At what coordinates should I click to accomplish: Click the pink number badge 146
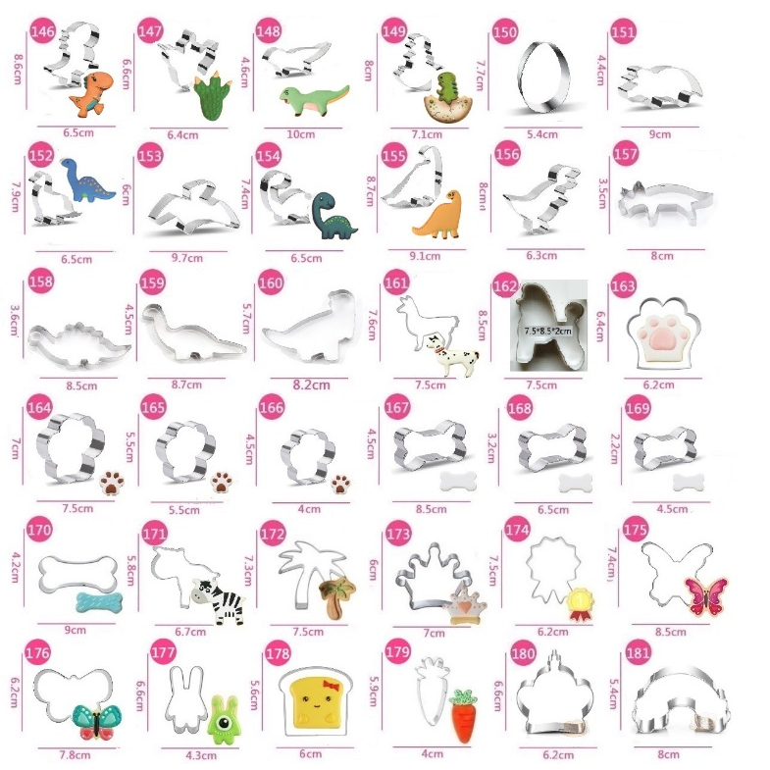point(43,31)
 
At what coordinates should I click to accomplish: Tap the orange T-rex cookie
point(92,93)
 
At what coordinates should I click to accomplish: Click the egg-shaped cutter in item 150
point(544,77)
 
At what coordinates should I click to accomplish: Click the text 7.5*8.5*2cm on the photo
point(548,331)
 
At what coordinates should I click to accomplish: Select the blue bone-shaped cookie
point(99,602)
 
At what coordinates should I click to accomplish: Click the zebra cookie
point(218,600)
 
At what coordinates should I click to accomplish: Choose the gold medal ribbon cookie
point(580,603)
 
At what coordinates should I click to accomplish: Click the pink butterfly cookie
point(706,596)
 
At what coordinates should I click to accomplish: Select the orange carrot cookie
point(464,715)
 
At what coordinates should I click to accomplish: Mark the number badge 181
point(638,652)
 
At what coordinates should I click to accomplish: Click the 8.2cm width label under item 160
point(311,385)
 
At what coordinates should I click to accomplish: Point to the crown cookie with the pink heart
point(464,603)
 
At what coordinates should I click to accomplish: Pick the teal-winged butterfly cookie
point(97,721)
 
